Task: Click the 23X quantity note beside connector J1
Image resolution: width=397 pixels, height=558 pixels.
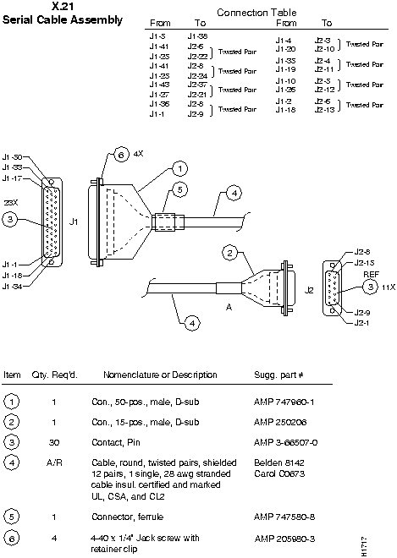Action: click(10, 203)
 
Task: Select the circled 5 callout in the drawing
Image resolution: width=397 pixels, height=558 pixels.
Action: click(179, 191)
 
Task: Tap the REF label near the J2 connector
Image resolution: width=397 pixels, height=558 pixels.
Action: click(371, 275)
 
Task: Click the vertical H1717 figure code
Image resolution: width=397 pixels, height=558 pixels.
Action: click(388, 543)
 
